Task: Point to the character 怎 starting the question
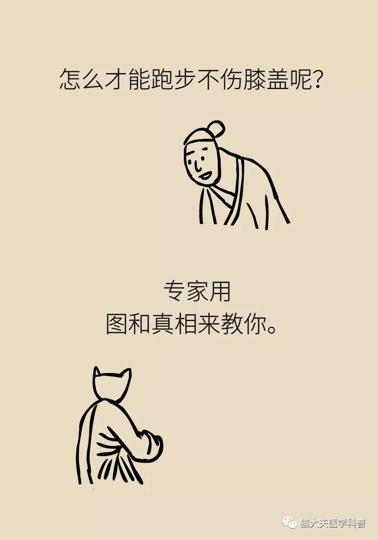click(x=70, y=80)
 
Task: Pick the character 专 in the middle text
click(x=175, y=291)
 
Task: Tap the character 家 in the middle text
click(x=197, y=291)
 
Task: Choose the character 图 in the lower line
click(x=117, y=324)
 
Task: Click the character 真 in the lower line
click(x=163, y=324)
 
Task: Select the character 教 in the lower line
click(x=232, y=324)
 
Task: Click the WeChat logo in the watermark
click(x=289, y=523)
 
